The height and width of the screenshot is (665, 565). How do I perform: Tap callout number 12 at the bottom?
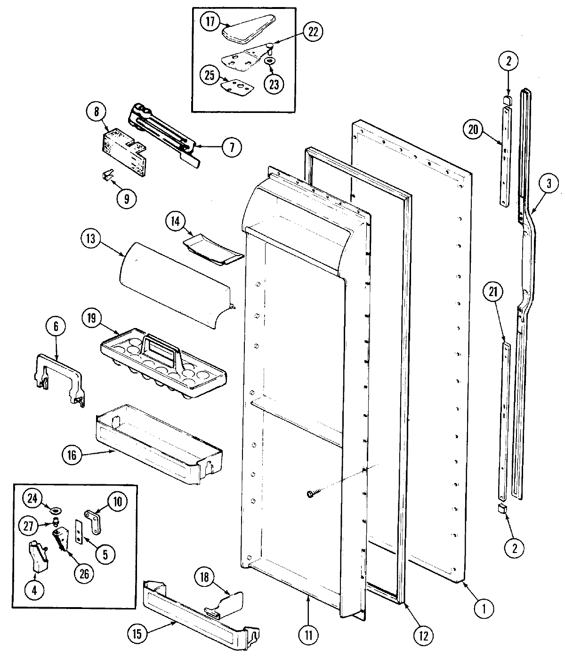coord(422,636)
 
